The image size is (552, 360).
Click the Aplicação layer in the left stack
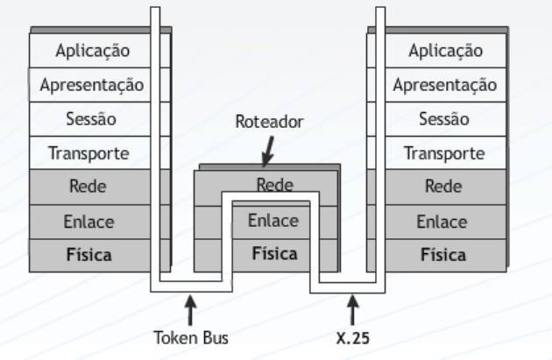point(93,51)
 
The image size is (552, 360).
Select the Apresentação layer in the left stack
point(93,85)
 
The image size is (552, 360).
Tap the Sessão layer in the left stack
point(93,119)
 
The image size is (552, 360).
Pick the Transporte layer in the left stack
point(93,153)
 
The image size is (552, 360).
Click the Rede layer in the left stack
point(93,187)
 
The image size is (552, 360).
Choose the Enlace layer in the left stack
point(93,221)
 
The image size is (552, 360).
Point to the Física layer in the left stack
point(93,254)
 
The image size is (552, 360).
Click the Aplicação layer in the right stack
point(445,51)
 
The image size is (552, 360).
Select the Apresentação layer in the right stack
point(445,85)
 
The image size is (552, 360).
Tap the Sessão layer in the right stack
point(445,119)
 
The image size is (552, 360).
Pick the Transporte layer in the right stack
point(445,153)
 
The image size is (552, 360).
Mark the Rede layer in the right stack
point(445,187)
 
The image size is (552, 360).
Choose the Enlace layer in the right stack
point(445,221)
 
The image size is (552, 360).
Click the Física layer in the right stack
point(445,254)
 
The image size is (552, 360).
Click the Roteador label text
point(269,123)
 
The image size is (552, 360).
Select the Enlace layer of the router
point(272,221)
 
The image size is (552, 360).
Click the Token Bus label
point(190,337)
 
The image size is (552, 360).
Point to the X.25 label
point(354,337)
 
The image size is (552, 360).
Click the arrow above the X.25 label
point(354,311)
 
